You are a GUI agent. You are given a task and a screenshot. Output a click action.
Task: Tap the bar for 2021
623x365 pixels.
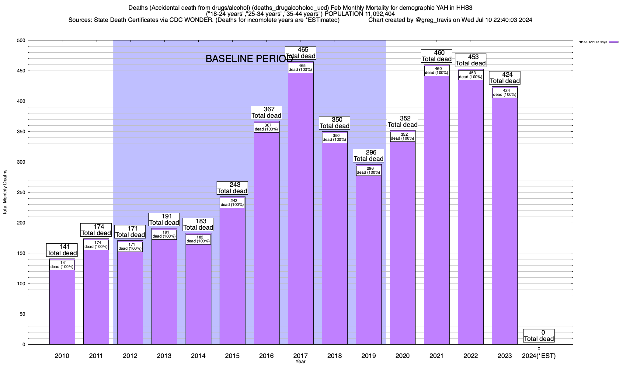437,213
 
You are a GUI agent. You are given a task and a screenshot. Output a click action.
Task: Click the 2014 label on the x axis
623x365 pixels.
198,356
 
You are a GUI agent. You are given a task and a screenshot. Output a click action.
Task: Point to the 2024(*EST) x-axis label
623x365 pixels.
539,356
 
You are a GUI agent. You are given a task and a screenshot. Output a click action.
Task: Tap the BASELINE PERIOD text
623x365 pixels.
249,59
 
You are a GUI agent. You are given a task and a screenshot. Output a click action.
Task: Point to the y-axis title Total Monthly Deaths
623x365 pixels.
5,192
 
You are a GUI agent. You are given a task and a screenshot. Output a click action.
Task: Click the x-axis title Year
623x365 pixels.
300,362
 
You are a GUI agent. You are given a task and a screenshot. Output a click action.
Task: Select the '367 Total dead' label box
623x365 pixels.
266,113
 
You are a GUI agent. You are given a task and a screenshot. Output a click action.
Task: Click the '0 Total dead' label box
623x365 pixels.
539,336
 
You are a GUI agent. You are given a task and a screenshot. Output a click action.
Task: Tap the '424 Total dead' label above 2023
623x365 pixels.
505,78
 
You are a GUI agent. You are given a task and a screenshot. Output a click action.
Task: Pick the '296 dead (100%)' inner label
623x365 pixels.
368,170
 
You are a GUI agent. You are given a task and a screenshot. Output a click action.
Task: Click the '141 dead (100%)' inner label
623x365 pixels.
62,265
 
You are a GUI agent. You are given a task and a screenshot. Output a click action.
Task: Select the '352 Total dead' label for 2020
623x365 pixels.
402,122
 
